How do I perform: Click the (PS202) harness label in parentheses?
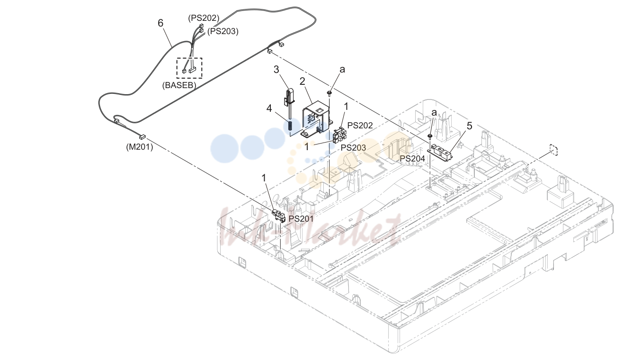[x=204, y=18]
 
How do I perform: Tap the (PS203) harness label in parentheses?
[x=223, y=31]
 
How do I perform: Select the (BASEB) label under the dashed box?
[x=179, y=85]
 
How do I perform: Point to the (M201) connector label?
[x=140, y=147]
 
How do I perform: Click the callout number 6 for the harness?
[x=160, y=23]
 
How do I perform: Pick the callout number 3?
[x=276, y=69]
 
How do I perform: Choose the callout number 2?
[x=303, y=81]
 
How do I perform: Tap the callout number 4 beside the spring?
[x=269, y=108]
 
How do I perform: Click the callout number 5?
[x=470, y=126]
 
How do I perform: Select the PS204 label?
[x=412, y=159]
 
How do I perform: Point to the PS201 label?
[x=301, y=219]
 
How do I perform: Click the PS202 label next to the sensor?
[x=360, y=126]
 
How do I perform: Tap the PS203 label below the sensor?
[x=354, y=148]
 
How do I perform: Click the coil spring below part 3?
[x=290, y=126]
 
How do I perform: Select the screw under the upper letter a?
[x=329, y=93]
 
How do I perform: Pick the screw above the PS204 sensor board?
[x=430, y=136]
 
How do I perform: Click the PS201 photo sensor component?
[x=279, y=216]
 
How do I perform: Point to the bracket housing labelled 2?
[x=316, y=118]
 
